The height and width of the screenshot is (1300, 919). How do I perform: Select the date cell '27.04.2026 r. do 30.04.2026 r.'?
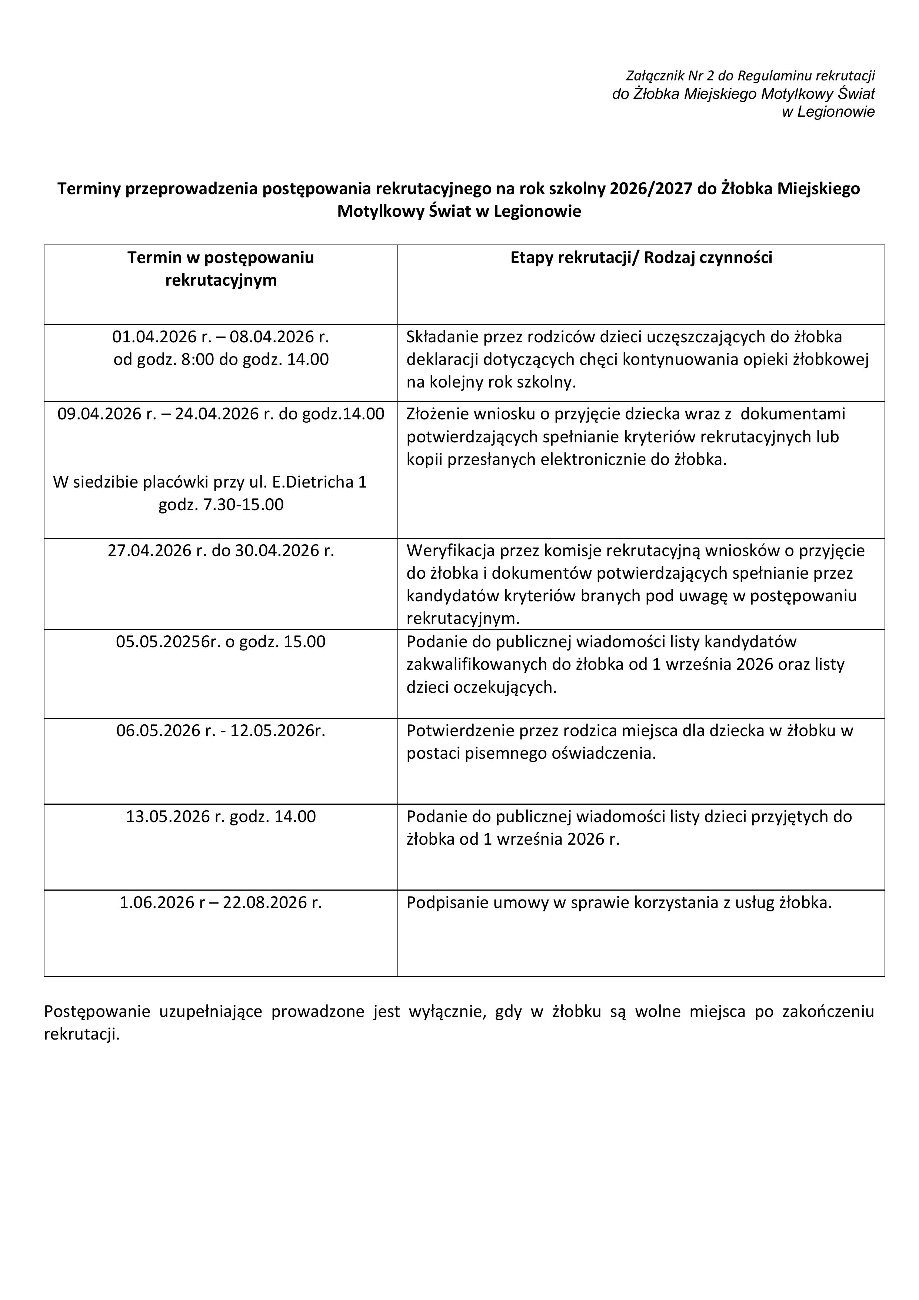(221, 551)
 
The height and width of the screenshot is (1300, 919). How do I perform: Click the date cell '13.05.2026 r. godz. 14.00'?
(221, 817)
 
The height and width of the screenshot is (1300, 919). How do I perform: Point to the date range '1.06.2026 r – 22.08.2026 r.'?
(221, 902)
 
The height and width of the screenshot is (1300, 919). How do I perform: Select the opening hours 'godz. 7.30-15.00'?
(221, 505)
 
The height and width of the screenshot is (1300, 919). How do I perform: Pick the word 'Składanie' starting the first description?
(442, 337)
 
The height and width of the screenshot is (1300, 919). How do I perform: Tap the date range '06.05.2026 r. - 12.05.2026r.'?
(221, 731)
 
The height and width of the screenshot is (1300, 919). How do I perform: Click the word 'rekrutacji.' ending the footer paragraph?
(82, 1034)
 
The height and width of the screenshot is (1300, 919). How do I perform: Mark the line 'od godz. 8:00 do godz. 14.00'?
(221, 359)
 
